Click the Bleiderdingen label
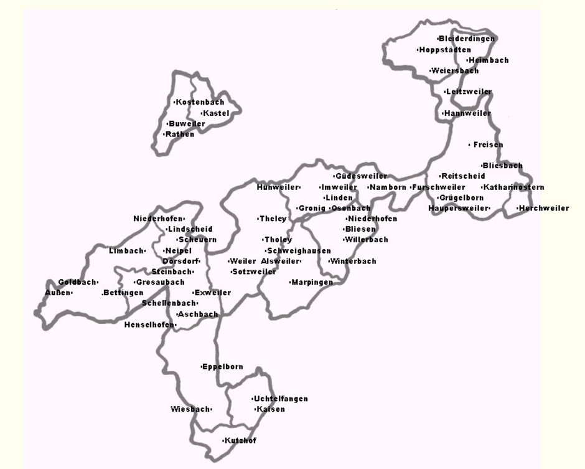click(x=467, y=39)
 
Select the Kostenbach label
click(x=200, y=102)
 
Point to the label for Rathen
click(x=180, y=135)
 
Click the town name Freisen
click(x=488, y=145)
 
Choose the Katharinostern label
click(x=514, y=187)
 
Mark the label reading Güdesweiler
click(x=361, y=176)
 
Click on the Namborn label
click(x=388, y=187)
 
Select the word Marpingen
click(x=312, y=282)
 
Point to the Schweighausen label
click(x=299, y=251)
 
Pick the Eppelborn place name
click(x=223, y=367)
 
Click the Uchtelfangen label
click(x=281, y=399)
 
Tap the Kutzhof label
click(x=240, y=441)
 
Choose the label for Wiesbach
click(x=190, y=410)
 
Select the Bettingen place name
click(x=123, y=293)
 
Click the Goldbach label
click(x=77, y=282)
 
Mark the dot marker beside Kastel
click(x=202, y=113)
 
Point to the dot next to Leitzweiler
click(x=445, y=92)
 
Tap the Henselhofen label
click(x=150, y=325)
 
